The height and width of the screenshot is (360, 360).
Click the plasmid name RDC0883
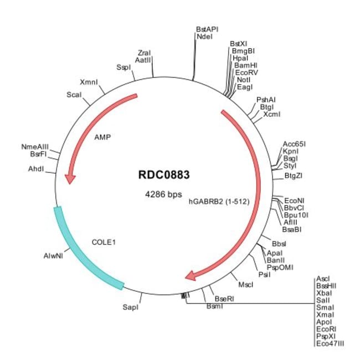pyautogui.click(x=164, y=176)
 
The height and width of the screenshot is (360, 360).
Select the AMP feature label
pyautogui.click(x=102, y=137)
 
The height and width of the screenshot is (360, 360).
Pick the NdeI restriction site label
pyautogui.click(x=203, y=37)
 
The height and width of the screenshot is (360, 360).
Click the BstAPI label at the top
pyautogui.click(x=207, y=28)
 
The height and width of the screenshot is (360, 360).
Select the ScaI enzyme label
pyautogui.click(x=74, y=94)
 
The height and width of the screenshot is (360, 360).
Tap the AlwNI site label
pyautogui.click(x=53, y=256)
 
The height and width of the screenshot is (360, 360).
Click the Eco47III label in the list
pyautogui.click(x=330, y=344)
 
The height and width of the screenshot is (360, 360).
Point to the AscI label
pyautogui.click(x=323, y=279)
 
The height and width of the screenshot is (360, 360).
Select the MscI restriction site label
pyautogui.click(x=245, y=285)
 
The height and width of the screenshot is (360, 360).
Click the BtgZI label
pyautogui.click(x=294, y=176)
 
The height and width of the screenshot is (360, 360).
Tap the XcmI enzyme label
pyautogui.click(x=272, y=115)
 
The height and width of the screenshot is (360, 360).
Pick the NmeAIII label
pyautogui.click(x=35, y=146)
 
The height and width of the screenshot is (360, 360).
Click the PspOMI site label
pyautogui.click(x=280, y=267)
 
